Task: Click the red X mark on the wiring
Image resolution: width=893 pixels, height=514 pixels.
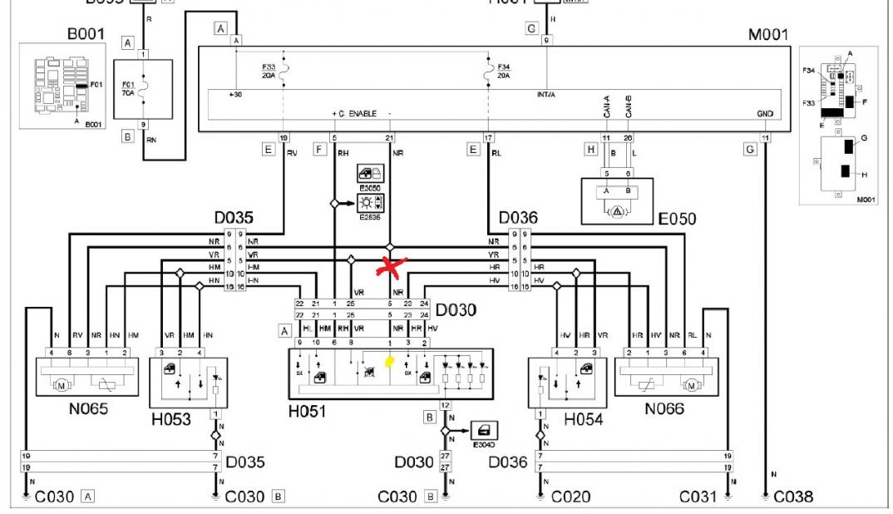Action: click(x=388, y=265)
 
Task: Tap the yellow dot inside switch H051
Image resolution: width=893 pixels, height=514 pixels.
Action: click(x=388, y=362)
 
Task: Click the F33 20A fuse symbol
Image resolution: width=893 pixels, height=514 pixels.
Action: click(x=285, y=71)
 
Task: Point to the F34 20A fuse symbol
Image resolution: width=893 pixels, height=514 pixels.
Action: click(x=488, y=71)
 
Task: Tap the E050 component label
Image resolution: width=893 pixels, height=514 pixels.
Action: click(x=676, y=220)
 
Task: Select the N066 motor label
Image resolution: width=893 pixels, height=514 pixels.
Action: click(x=666, y=408)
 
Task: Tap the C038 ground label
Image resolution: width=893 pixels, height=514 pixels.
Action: click(x=793, y=497)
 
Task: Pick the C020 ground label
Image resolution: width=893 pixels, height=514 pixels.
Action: click(x=570, y=497)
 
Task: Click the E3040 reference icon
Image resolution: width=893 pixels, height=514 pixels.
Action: click(x=482, y=432)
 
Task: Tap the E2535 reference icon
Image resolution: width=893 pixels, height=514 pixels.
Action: click(x=368, y=201)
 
